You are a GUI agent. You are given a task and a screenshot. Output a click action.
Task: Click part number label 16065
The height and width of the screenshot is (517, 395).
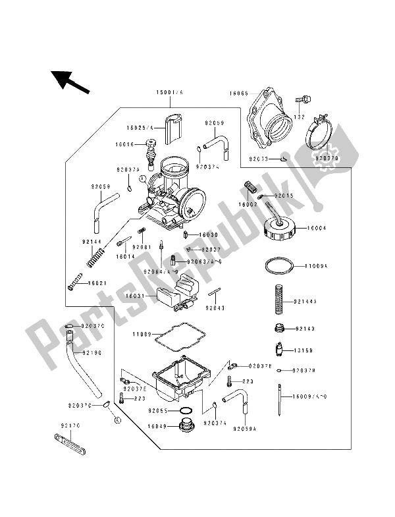click(239, 94)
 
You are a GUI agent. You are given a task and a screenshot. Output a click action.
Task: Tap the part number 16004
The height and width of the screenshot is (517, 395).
click(315, 230)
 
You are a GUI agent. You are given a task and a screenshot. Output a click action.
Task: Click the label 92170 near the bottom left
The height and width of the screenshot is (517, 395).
click(70, 425)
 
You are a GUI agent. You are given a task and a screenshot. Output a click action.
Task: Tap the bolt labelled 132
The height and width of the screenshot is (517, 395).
click(302, 99)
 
